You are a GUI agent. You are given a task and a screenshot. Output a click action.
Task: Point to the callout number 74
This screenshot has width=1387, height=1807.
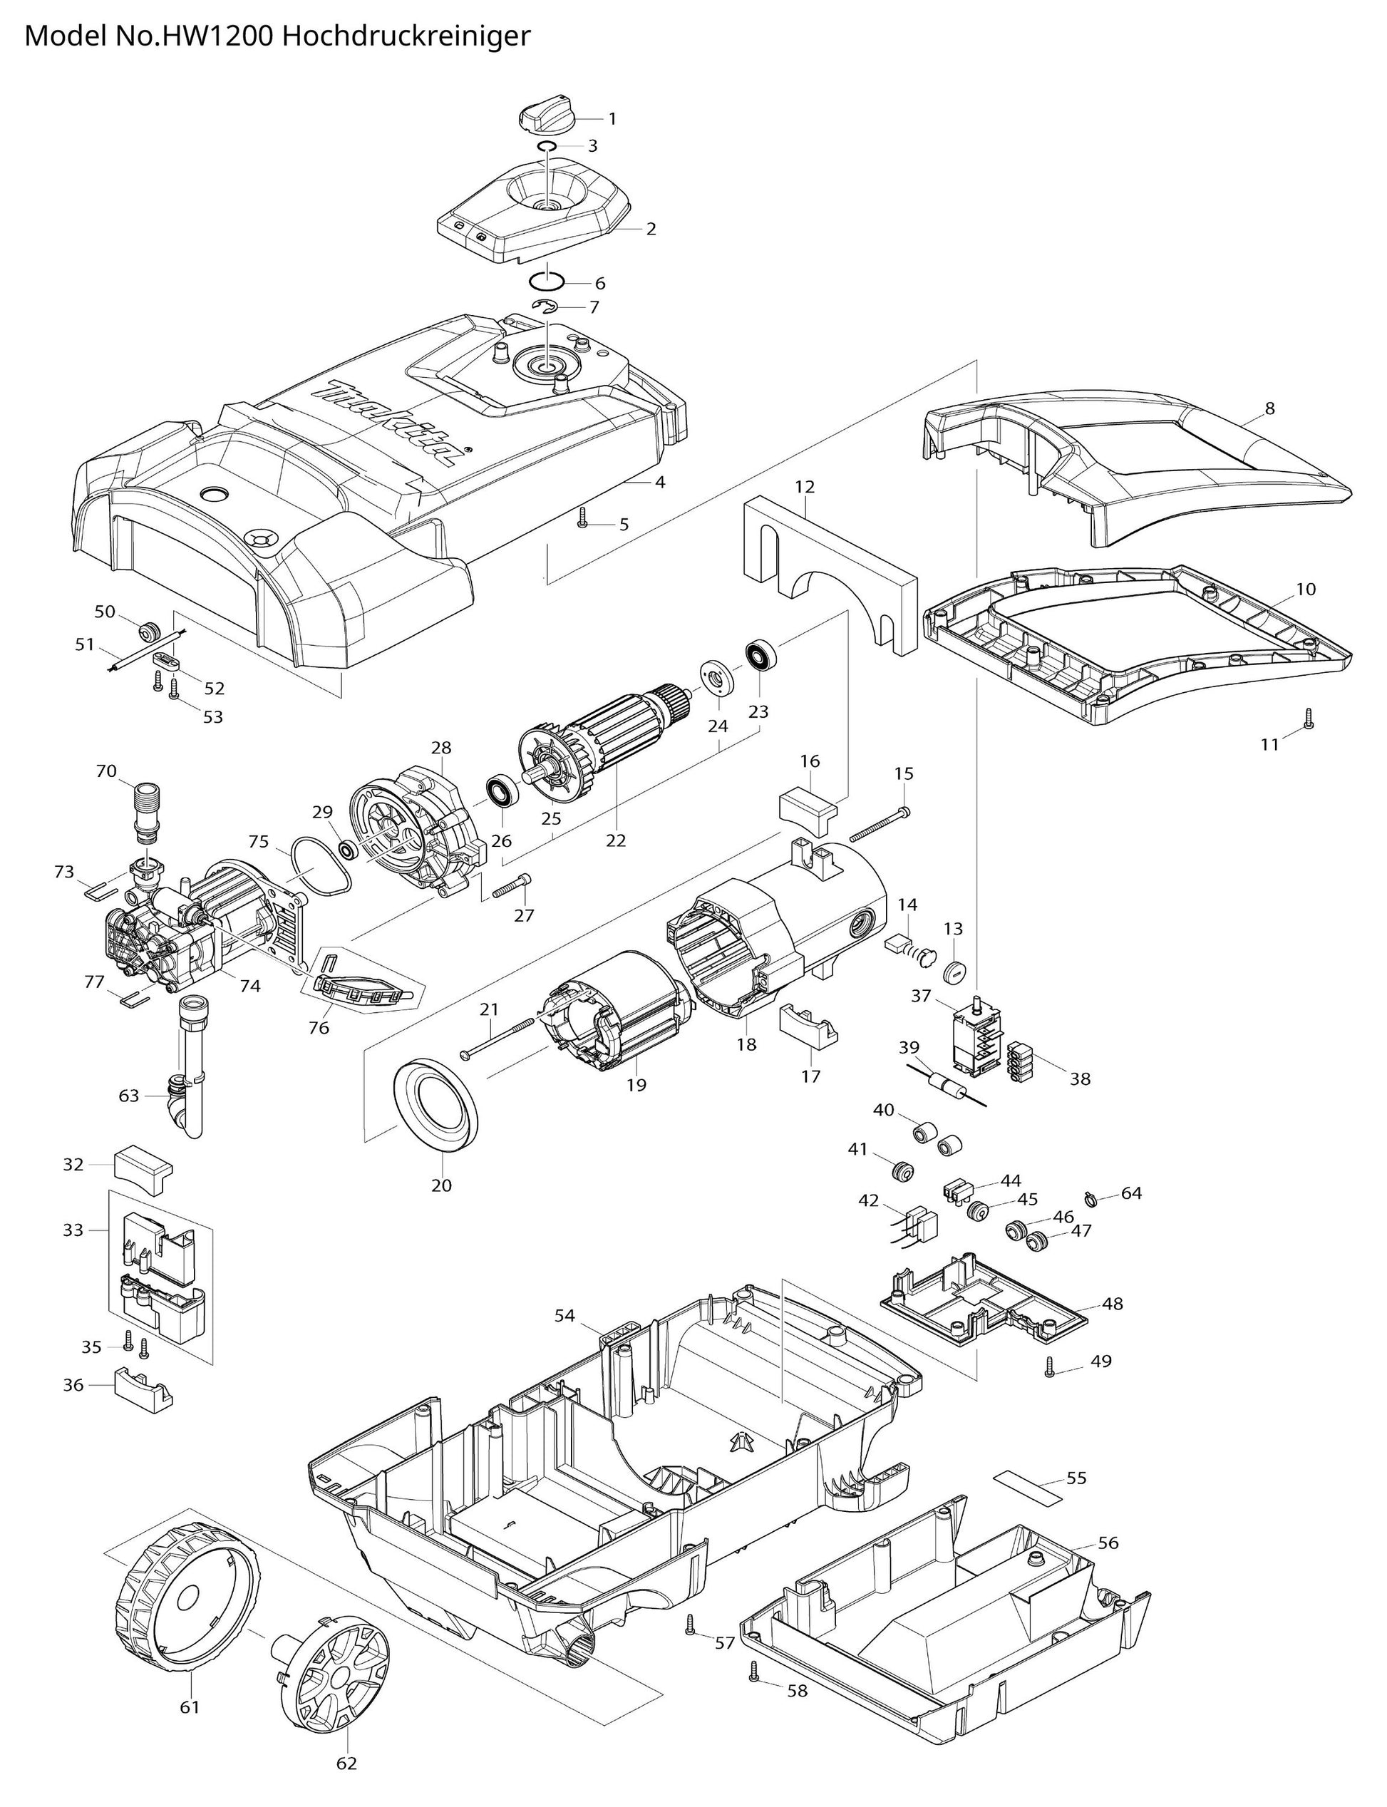(x=250, y=985)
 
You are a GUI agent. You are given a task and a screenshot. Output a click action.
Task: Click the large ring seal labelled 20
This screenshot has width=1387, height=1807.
(x=437, y=1107)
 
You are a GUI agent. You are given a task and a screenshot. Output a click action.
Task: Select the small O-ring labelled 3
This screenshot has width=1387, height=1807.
(x=546, y=146)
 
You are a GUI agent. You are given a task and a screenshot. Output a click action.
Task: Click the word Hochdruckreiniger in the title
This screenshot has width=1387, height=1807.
(x=405, y=37)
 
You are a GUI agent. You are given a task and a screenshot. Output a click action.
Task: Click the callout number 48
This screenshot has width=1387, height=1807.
(x=1112, y=1304)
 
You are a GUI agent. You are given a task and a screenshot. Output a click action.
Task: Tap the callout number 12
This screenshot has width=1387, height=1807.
(x=805, y=487)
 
